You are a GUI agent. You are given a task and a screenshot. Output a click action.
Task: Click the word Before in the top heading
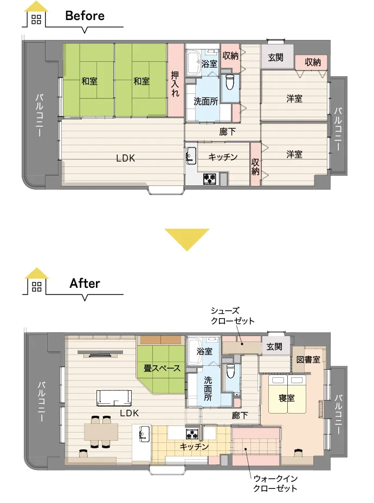click(x=85, y=16)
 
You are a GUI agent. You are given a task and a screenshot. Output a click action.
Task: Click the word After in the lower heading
click(x=85, y=283)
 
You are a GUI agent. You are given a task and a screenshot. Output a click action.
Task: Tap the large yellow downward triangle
click(x=187, y=240)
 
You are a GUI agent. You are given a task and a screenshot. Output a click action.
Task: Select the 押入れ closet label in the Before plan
click(x=175, y=83)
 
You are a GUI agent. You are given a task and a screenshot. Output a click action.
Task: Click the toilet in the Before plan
click(x=230, y=82)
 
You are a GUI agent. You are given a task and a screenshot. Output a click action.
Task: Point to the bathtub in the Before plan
click(x=194, y=62)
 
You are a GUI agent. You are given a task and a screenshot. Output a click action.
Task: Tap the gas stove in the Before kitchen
click(x=210, y=178)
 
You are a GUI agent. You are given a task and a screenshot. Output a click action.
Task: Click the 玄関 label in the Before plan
click(x=275, y=57)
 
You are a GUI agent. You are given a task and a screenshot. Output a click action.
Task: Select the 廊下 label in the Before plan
click(x=228, y=132)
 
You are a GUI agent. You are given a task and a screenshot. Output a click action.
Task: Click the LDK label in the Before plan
click(x=125, y=158)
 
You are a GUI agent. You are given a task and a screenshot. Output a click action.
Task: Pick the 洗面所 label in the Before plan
click(x=206, y=101)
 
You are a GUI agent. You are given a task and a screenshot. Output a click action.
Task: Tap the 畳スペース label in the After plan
click(x=162, y=368)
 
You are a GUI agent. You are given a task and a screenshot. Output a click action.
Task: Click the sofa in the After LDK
click(x=114, y=398)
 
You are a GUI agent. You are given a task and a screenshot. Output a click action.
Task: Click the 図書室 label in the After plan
click(x=308, y=359)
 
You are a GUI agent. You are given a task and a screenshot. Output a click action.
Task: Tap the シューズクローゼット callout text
click(x=233, y=315)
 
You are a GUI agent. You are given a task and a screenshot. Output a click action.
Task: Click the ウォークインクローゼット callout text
click(x=275, y=483)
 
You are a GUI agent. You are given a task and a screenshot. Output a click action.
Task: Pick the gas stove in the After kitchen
click(x=192, y=434)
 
